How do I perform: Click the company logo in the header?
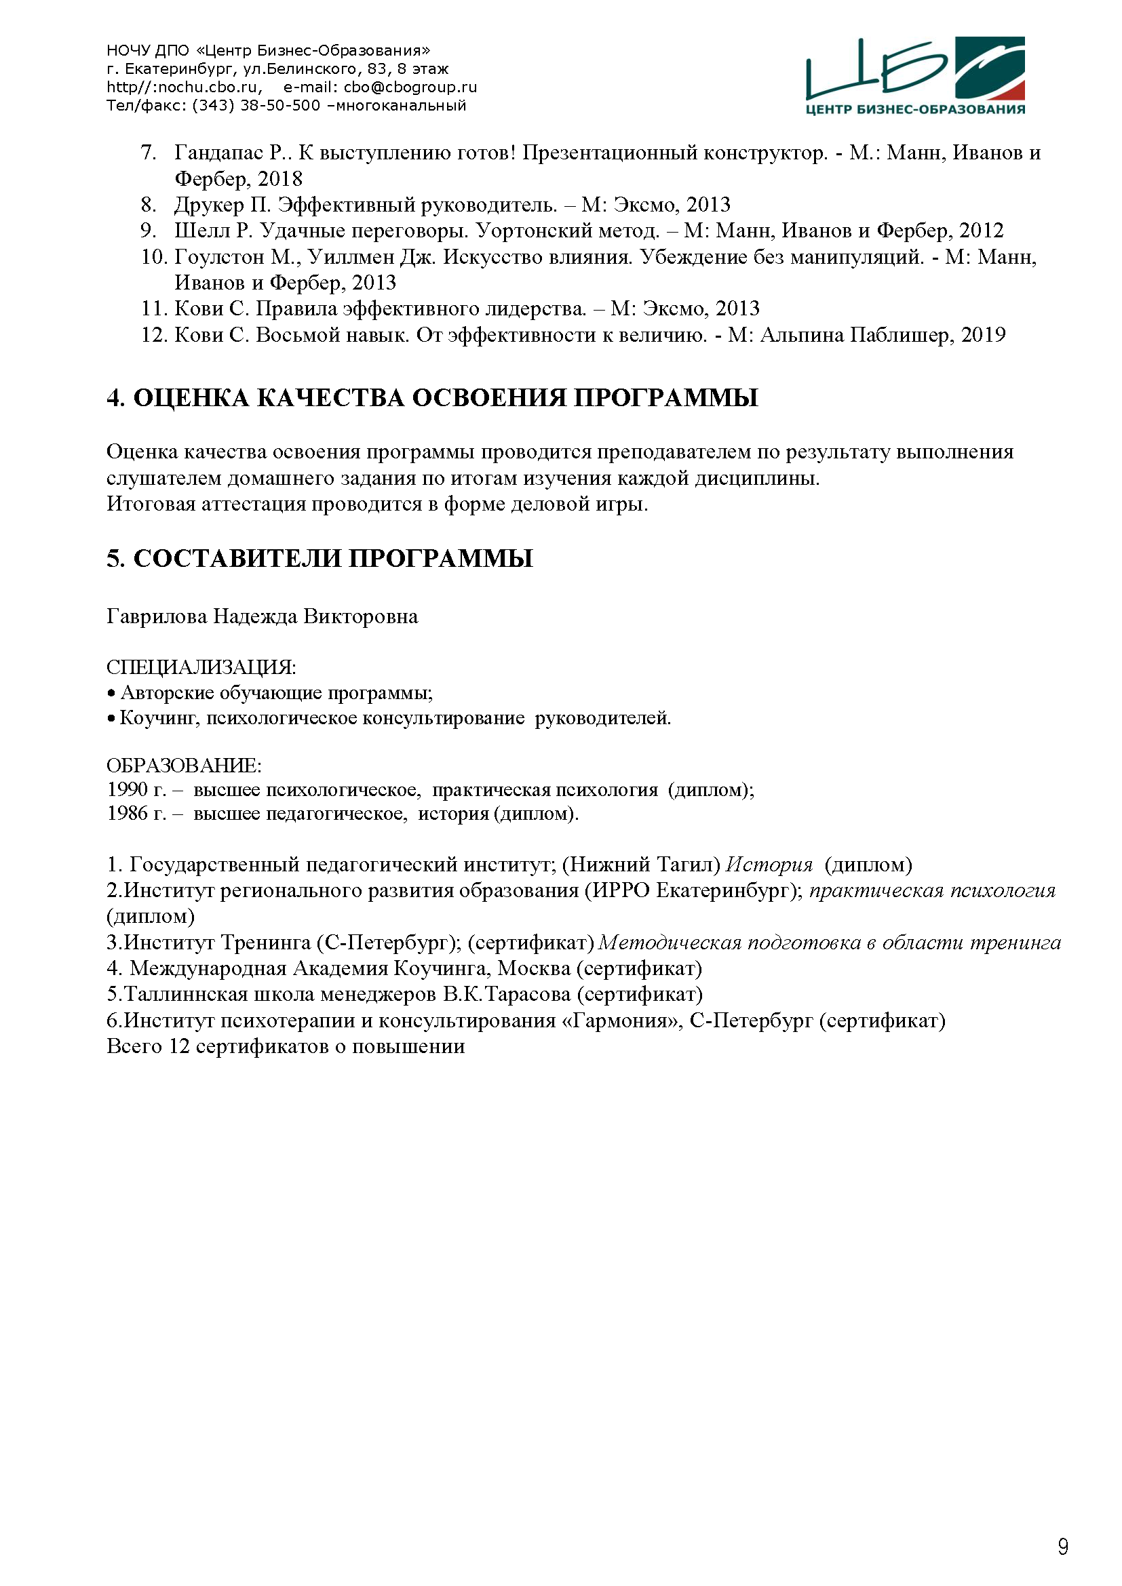pyautogui.click(x=914, y=75)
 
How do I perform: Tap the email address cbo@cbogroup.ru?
pyautogui.click(x=410, y=87)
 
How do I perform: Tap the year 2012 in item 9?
pyautogui.click(x=981, y=231)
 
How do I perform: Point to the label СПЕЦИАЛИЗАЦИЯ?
pyautogui.click(x=201, y=667)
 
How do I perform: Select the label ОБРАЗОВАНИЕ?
pyautogui.click(x=184, y=766)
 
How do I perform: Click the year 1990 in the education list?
pyautogui.click(x=128, y=789)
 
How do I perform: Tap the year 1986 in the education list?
pyautogui.click(x=128, y=814)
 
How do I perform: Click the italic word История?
pyautogui.click(x=770, y=865)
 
